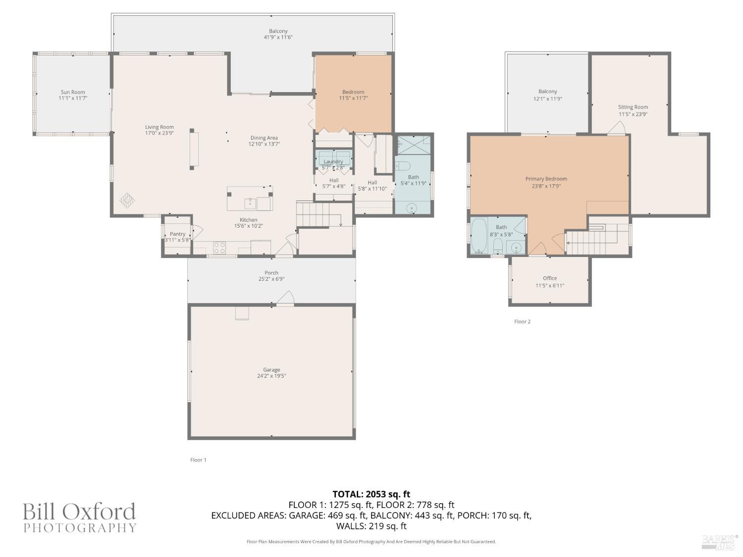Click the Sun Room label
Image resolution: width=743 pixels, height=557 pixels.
coord(73,92)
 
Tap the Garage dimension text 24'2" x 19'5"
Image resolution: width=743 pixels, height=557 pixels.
coord(271,376)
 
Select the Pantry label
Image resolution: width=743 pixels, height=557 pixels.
coord(177,234)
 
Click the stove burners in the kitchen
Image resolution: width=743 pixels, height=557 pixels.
coord(219,248)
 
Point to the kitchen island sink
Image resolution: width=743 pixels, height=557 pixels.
coord(250,202)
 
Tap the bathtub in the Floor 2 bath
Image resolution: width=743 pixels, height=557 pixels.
coord(479,236)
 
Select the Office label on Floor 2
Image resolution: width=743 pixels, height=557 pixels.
coord(550,278)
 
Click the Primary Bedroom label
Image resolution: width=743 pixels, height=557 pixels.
coord(546,179)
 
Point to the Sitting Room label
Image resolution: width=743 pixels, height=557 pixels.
coord(633,107)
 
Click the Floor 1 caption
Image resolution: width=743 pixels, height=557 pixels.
coord(198,460)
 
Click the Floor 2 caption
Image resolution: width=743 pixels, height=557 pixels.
coord(522,322)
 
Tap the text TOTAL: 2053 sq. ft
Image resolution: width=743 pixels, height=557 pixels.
coord(371,494)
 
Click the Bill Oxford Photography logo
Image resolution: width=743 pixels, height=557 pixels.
coord(79,517)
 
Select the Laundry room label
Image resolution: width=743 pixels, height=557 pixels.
coord(333,161)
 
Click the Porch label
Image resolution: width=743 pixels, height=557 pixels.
coord(271,273)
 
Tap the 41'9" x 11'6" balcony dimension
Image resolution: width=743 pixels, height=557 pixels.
coord(278,37)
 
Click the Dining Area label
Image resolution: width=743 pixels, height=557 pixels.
coord(264,138)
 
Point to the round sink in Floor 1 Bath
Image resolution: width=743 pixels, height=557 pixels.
coord(412,209)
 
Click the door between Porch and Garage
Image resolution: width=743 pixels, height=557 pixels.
coord(285,299)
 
